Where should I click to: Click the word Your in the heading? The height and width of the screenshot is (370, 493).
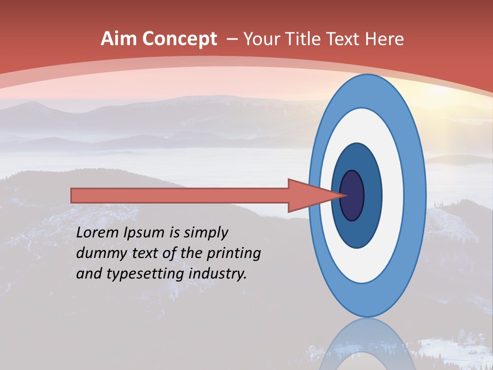coord(261,39)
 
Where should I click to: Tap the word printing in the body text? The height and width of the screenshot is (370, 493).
coord(234,254)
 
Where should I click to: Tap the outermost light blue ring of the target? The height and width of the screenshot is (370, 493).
coord(416,195)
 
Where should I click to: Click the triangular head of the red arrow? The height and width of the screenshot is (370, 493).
coord(308,195)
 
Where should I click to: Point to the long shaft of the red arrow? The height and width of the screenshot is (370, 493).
coord(180,195)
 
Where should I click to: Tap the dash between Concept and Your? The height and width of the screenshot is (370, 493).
coord(232,40)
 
